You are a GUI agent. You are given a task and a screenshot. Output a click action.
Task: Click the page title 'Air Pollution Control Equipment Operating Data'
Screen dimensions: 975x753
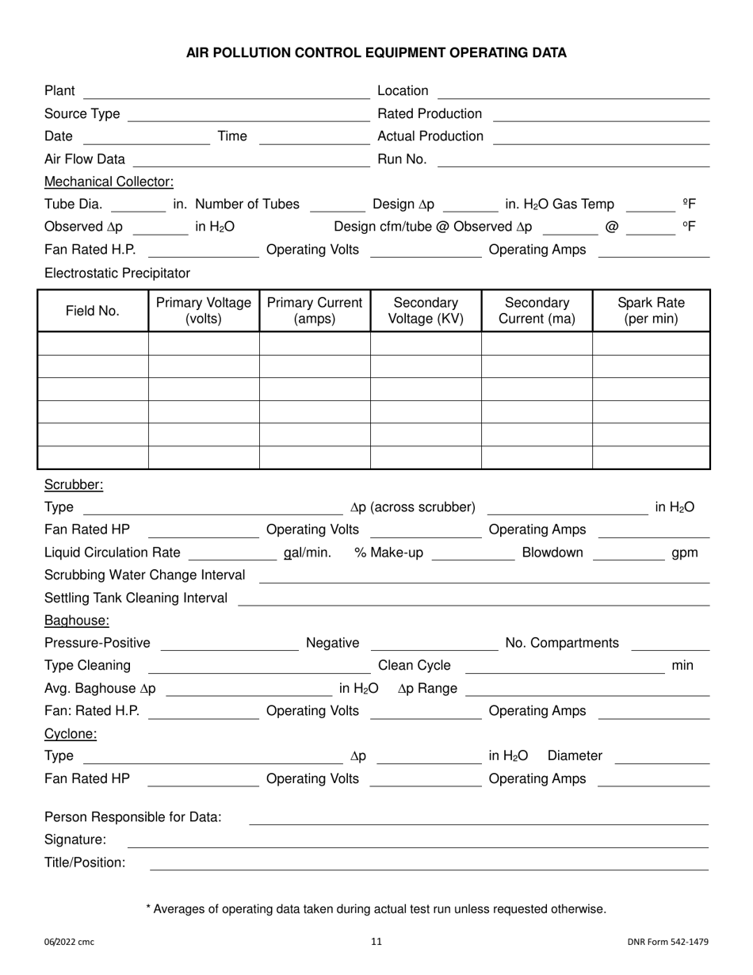pos(376,53)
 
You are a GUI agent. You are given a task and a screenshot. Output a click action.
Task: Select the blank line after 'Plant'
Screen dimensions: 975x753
pos(226,93)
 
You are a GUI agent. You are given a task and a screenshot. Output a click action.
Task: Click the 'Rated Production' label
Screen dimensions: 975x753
pos(430,114)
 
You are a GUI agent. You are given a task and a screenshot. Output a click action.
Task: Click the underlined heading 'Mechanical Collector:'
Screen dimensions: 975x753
pos(109,182)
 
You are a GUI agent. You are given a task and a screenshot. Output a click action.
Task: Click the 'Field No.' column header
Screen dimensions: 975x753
pos(93,311)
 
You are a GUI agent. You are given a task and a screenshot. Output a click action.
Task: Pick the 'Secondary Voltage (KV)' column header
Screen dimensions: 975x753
pos(426,311)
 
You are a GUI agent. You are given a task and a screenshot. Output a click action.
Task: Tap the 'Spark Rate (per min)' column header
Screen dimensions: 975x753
pos(651,311)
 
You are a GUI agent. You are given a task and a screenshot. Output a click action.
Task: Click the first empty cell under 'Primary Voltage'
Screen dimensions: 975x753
pos(204,343)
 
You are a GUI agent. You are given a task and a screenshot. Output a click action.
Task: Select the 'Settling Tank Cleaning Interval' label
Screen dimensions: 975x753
pos(136,598)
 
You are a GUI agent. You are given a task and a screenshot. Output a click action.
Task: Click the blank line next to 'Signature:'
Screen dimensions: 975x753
pos(418,841)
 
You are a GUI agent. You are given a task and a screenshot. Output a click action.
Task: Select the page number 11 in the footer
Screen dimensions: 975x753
pos(376,942)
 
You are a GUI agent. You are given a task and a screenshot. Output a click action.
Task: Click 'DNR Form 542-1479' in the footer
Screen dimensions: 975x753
pos(667,942)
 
